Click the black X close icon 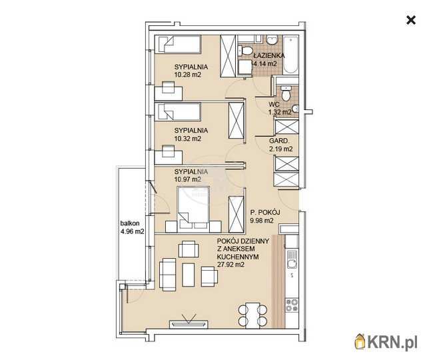coord(411,20)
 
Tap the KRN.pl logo coord(386,341)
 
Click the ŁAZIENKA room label coord(269,55)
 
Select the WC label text coord(274,104)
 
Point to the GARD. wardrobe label coord(278,141)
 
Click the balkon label coord(130,223)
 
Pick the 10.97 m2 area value coord(188,179)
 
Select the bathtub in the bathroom coord(290,55)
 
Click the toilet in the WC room coord(286,93)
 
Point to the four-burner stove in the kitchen coord(292,305)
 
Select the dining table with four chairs coord(252,315)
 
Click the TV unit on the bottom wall coord(189,324)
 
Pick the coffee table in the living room coord(188,275)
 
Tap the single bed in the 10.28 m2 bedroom coord(178,44)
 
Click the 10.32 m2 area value coord(188,139)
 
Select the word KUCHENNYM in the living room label coord(238,257)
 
